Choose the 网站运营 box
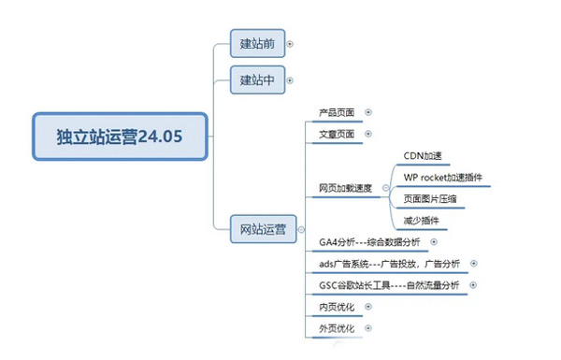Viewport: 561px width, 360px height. [264, 227]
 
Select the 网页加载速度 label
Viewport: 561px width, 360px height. [345, 188]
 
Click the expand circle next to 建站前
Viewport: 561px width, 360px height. [290, 43]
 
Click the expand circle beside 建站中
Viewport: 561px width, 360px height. [290, 80]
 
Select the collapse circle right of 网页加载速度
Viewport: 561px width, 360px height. [384, 188]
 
